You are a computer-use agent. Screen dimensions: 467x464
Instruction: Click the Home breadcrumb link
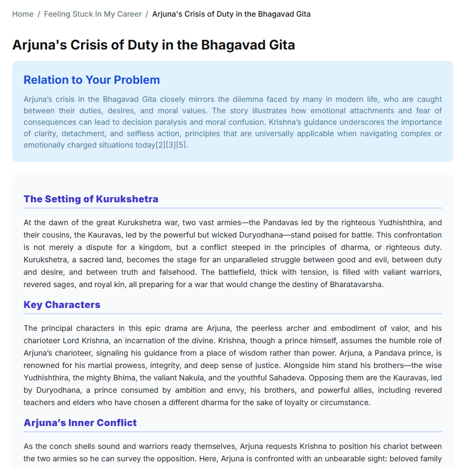23,14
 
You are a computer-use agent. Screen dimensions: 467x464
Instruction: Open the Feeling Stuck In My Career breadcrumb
93,14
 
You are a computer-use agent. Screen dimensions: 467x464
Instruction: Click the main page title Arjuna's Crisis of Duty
154,45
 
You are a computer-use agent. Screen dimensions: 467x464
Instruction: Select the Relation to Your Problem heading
92,80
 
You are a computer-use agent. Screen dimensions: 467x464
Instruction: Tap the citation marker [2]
161,145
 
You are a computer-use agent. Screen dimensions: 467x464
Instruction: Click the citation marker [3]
171,145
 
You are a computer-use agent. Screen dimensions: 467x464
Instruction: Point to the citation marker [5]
181,145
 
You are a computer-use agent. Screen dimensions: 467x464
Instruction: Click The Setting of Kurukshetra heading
91,199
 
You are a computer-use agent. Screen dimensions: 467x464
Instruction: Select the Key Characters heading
62,305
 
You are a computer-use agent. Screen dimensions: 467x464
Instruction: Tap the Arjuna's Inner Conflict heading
80,423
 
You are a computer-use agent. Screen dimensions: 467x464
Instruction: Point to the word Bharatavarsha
355,285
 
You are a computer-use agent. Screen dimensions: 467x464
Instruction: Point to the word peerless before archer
295,328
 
